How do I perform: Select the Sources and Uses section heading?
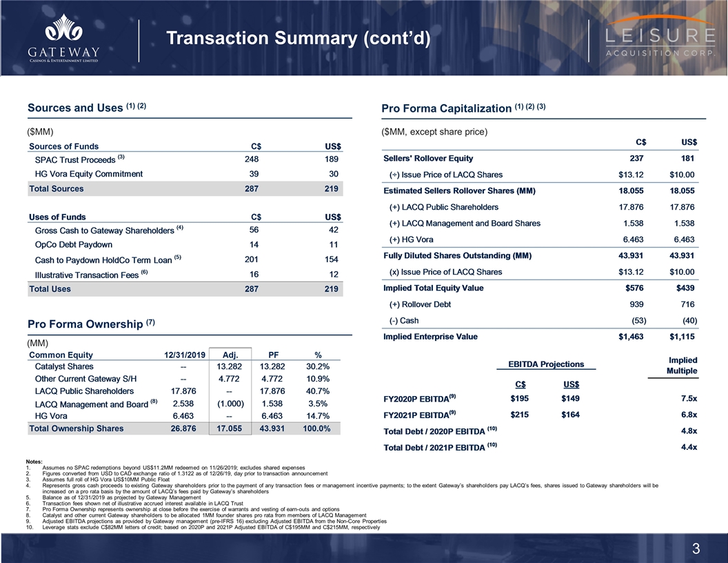(76, 108)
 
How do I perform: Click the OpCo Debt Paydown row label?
(73, 244)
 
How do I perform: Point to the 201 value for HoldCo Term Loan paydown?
(252, 259)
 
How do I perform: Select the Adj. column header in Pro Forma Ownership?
(230, 354)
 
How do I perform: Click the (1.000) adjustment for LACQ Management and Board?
(228, 404)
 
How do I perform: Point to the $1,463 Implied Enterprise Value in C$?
(631, 337)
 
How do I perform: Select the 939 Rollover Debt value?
(638, 304)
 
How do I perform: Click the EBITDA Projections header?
(545, 364)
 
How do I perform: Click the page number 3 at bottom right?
(696, 549)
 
